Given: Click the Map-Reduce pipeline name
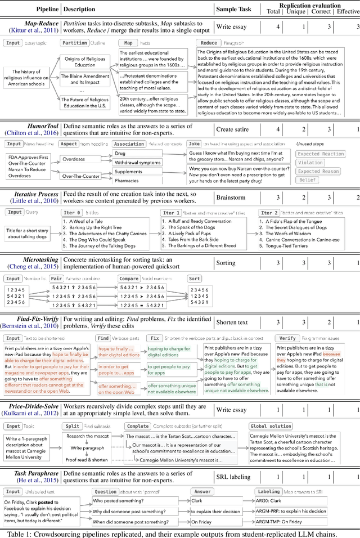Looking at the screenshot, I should pyautogui.click(x=34, y=23).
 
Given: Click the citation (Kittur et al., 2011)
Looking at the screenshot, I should pyautogui.click(x=33, y=30).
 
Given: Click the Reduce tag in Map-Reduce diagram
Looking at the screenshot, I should pyautogui.click(x=208, y=43).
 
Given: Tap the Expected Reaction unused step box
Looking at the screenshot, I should pyautogui.click(x=321, y=154).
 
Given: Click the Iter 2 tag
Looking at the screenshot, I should pyautogui.click(x=269, y=213).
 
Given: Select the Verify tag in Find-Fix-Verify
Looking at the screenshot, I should pyautogui.click(x=287, y=338).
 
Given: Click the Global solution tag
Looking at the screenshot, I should pyautogui.click(x=271, y=426).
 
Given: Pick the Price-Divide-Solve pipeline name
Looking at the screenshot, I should pyautogui.click(x=33, y=406).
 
